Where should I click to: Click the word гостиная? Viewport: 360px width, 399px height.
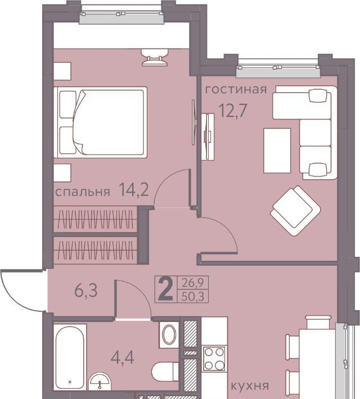236,89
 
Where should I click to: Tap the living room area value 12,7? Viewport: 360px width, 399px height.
233,111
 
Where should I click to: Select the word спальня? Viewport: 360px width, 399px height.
83,192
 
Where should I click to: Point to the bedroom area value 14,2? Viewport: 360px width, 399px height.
134,191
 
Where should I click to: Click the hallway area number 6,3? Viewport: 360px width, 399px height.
86,291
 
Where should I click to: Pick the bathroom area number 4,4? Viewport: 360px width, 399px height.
123,357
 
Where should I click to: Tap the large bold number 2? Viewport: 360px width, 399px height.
165,289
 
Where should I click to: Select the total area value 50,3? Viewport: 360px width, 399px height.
193,297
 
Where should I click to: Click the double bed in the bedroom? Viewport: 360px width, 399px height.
101,123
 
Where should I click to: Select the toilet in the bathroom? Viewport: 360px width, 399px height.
165,371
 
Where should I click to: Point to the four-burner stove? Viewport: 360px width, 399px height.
214,359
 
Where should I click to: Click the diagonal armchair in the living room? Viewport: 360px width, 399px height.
295,210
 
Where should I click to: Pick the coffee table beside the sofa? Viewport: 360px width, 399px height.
277,151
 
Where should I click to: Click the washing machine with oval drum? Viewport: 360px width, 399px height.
169,335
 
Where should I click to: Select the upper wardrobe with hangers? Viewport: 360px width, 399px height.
96,219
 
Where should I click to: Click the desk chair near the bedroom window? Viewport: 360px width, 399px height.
155,57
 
